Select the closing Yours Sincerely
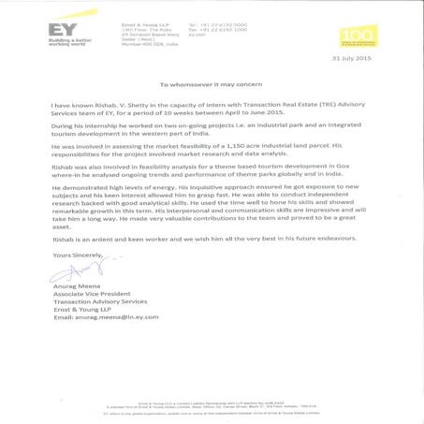click(77, 254)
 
